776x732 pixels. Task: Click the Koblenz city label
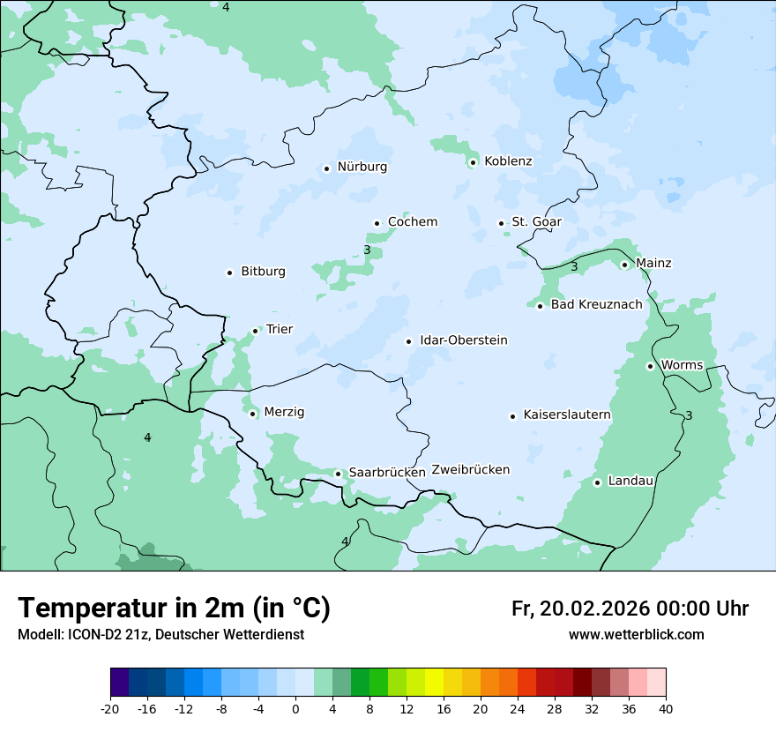508,161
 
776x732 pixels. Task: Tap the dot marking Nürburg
326,168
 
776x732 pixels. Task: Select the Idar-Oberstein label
463,340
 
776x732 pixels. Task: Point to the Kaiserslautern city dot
512,416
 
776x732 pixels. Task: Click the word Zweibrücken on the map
470,470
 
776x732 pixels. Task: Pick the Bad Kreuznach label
596,304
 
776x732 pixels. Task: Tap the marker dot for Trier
256,332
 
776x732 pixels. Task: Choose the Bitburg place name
263,272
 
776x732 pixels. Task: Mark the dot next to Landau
597,482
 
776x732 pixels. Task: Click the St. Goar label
536,221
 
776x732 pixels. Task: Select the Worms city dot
650,366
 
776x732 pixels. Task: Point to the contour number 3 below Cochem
367,250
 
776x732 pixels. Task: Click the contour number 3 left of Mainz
574,266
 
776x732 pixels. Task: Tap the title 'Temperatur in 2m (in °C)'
174,609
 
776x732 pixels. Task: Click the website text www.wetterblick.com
636,635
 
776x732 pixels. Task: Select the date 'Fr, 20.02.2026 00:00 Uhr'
630,609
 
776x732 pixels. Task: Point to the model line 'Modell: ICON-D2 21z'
160,635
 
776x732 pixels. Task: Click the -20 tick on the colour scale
110,709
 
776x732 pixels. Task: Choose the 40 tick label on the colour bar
666,709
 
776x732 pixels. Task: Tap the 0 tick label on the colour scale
295,709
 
